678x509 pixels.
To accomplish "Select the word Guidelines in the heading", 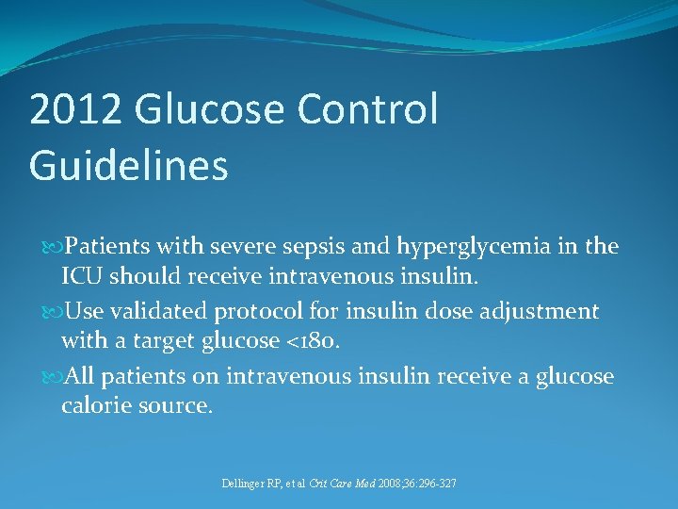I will coord(128,165).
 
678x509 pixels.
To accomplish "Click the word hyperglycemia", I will coord(457,248).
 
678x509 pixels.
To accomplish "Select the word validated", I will coord(165,312).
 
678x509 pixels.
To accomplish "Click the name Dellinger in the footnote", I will coord(244,484).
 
